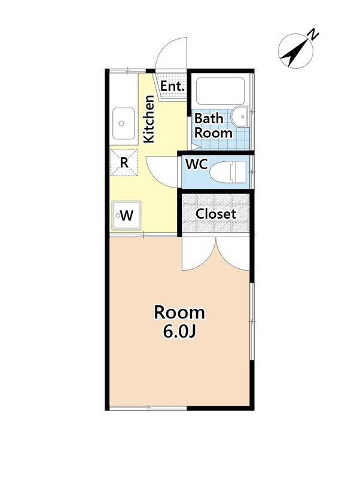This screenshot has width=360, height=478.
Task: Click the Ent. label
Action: point(172,86)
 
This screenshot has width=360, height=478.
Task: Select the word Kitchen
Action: point(149,119)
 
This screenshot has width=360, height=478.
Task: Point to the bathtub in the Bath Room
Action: point(221,91)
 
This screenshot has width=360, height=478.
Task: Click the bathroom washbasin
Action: point(240,117)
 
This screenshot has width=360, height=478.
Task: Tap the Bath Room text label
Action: point(213,125)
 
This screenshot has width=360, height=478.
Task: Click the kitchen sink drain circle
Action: point(121,124)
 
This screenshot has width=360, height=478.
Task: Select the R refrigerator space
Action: point(124,163)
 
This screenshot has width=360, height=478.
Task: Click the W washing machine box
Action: point(126,216)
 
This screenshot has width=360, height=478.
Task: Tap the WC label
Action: point(197,164)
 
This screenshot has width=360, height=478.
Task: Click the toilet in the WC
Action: point(228,172)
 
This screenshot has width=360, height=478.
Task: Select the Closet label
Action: point(216,214)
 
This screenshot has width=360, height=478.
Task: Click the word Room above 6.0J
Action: point(179,312)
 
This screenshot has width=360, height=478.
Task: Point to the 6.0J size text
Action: point(179,332)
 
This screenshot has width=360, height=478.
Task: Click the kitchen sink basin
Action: point(124,123)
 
